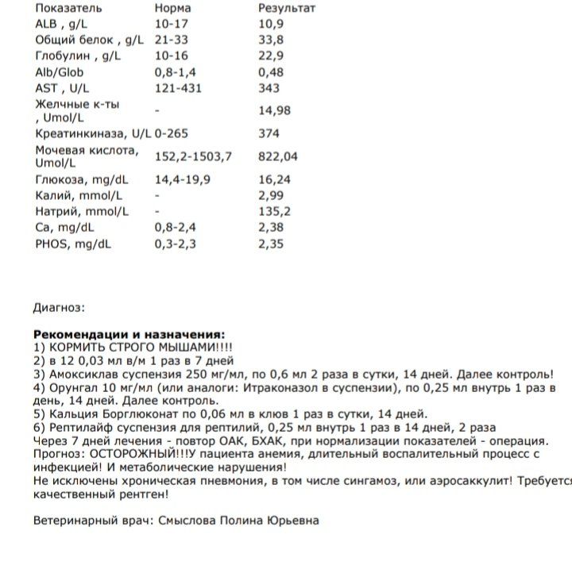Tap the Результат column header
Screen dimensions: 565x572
(287, 9)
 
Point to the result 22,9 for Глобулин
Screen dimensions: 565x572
(271, 56)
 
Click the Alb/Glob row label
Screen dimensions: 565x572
(60, 72)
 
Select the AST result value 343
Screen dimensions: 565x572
(269, 88)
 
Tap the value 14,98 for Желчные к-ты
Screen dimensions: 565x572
(274, 111)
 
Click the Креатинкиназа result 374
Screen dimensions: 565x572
(269, 134)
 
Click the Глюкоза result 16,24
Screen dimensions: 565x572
(274, 180)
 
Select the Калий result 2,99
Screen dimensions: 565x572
(271, 196)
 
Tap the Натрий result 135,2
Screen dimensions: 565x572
(274, 212)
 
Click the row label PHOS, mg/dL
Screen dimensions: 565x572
(73, 244)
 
